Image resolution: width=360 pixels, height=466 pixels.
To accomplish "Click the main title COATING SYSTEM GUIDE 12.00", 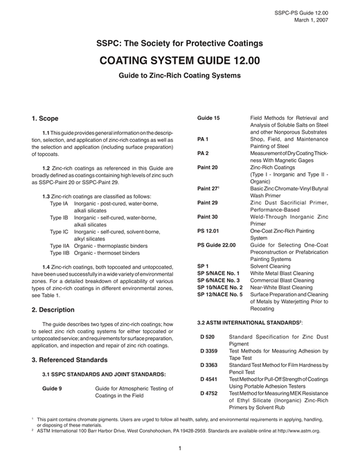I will coord(179,60).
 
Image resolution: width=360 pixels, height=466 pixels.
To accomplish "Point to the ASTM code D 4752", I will coord(209,393).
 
